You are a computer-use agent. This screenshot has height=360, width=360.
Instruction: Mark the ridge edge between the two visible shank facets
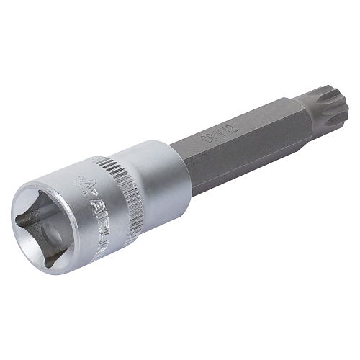point(238,140)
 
